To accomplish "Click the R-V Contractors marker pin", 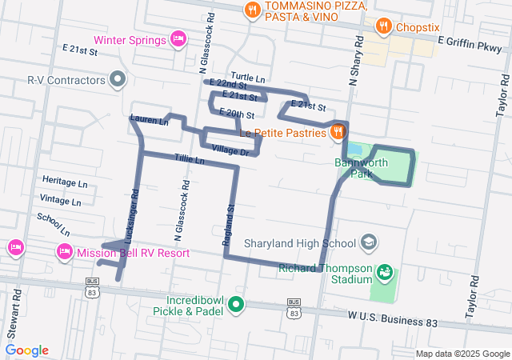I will (x=118, y=80).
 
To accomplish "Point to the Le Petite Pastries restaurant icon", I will (x=338, y=132).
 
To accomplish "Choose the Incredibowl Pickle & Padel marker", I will (x=236, y=304).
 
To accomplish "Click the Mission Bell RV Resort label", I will (x=133, y=253).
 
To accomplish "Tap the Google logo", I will (x=26, y=350).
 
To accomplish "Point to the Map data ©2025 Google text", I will (x=462, y=354).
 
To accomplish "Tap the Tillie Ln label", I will (x=189, y=161).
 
